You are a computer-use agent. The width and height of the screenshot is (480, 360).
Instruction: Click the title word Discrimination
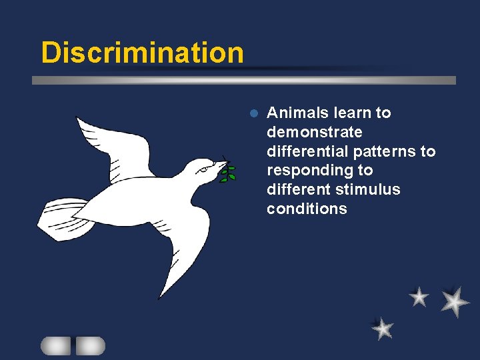tap(142, 53)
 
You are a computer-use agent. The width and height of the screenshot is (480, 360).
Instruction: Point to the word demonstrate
tap(314, 132)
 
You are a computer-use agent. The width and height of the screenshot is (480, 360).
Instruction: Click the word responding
tap(310, 171)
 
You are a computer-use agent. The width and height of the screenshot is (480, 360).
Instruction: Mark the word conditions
tap(307, 209)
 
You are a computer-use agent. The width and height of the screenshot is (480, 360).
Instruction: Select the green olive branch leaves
tap(229, 173)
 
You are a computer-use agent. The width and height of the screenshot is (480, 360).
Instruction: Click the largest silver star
tap(455, 301)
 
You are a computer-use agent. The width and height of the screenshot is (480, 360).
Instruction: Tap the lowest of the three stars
tap(383, 328)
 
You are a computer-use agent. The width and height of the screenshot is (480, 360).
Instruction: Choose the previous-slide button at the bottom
tap(55, 345)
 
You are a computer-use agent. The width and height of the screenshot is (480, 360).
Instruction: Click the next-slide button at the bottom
tap(90, 345)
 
